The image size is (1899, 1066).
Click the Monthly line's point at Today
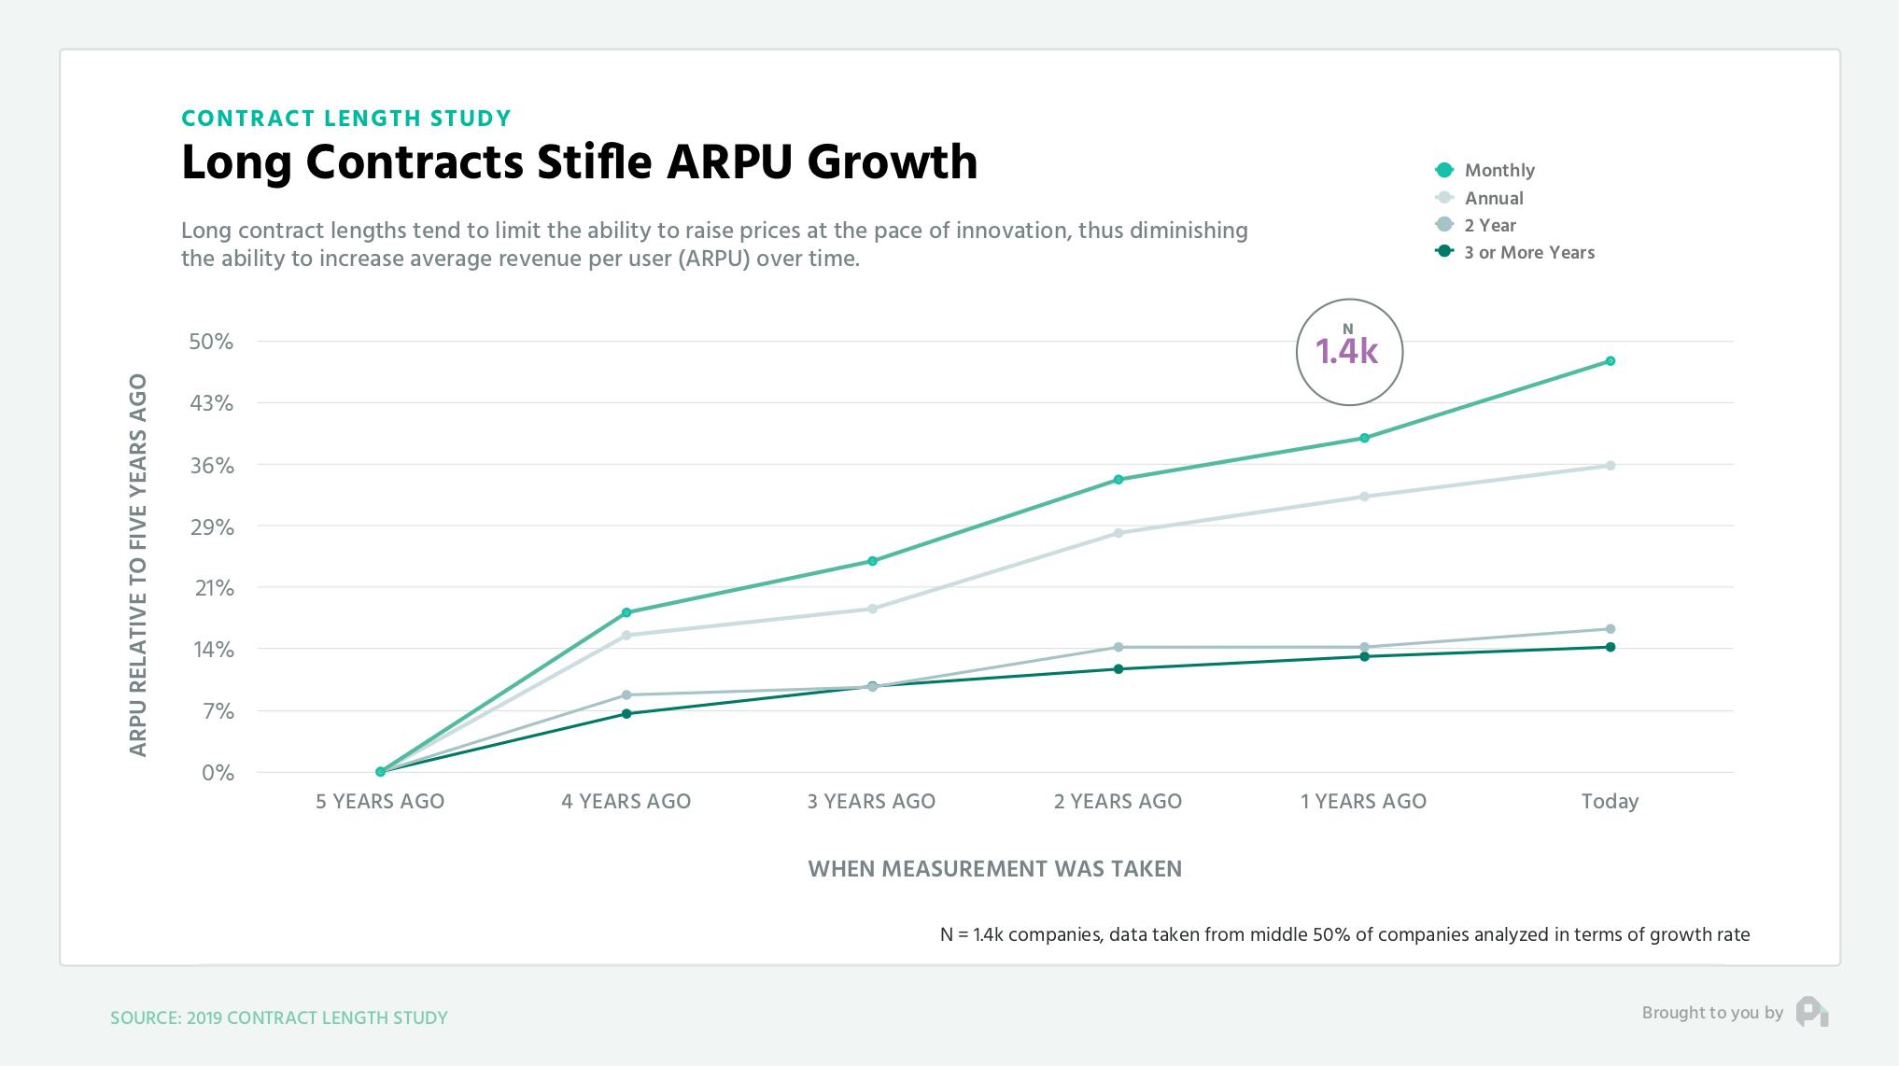1611,361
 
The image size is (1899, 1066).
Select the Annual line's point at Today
1611,466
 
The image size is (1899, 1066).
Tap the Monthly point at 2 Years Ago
1118,480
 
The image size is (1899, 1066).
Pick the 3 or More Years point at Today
1611,647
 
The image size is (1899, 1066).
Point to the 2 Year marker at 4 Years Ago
626,694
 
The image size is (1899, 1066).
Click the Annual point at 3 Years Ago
872,609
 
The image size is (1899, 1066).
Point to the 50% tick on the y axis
211,342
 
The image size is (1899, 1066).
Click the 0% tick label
218,773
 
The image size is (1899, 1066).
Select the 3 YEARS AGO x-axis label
871,801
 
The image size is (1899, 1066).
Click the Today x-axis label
1610,801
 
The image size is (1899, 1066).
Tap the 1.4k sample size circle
1348,352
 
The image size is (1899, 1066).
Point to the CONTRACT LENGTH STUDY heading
346,119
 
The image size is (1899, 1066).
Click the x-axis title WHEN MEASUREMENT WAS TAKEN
994,869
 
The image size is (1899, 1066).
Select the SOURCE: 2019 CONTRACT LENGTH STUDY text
279,1017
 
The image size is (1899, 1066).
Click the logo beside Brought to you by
1811,1013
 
